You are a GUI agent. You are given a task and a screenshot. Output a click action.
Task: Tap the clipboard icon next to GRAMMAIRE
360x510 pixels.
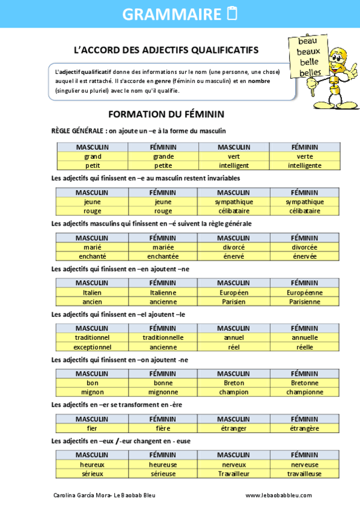tap(233, 14)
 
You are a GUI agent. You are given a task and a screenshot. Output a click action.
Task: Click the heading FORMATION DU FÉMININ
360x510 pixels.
tap(166, 114)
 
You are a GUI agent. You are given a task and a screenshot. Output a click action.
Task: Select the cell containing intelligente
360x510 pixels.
tap(305, 165)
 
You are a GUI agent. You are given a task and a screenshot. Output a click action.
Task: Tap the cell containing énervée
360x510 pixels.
tap(305, 256)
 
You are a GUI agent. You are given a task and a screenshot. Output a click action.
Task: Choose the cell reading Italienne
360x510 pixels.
tap(163, 292)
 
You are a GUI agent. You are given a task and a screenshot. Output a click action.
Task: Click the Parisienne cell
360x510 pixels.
tap(305, 301)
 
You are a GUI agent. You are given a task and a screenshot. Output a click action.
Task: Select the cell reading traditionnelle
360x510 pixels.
tap(163, 337)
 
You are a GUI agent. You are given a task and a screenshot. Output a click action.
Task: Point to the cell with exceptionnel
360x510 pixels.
tap(93, 346)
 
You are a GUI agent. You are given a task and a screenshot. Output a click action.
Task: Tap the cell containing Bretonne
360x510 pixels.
tap(305, 382)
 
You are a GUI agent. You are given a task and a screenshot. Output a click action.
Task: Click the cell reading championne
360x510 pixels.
tap(305, 392)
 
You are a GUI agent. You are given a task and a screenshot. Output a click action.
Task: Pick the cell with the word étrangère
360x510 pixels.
tap(305, 428)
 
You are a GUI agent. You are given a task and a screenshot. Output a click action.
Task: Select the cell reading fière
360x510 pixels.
tap(163, 428)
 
